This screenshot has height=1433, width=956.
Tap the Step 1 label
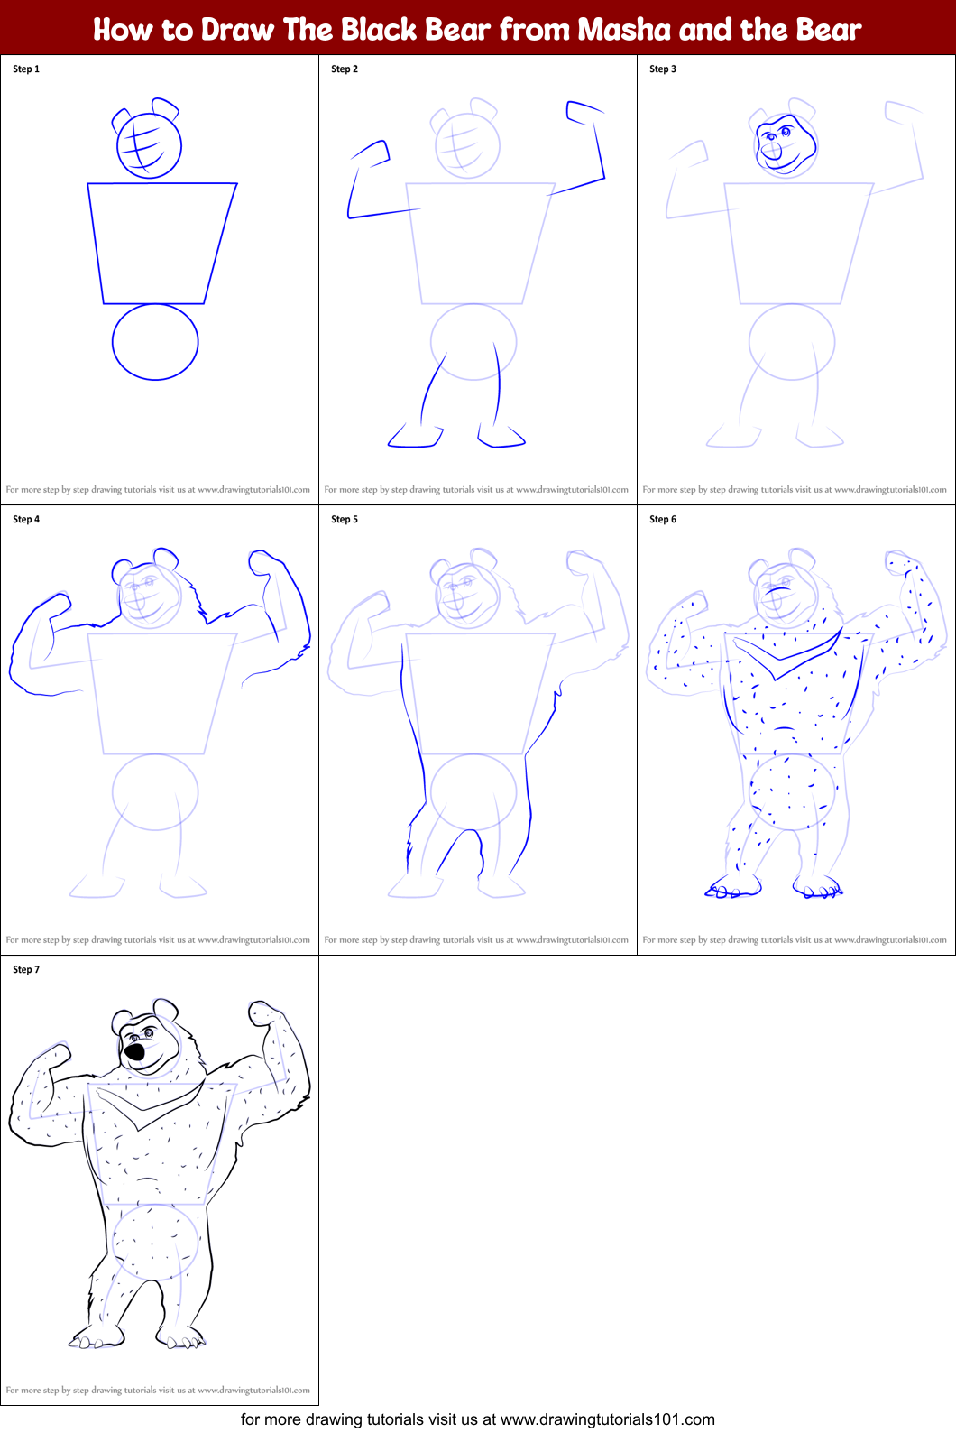click(x=26, y=69)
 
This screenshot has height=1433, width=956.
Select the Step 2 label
click(x=345, y=69)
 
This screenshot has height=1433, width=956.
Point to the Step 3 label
click(x=663, y=69)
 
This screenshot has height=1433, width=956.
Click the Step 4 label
click(x=26, y=519)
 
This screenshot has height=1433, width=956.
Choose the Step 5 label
click(x=345, y=519)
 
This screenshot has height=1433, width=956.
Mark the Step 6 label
click(x=663, y=519)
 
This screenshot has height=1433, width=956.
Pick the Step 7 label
click(x=26, y=969)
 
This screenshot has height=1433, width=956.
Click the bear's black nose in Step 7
click(x=134, y=1051)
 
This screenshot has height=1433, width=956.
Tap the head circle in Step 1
click(x=150, y=144)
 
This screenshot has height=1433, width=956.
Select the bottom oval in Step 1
click(x=155, y=341)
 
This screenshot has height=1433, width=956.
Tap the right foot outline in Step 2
click(x=501, y=439)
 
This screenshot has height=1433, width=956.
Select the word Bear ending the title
click(x=826, y=30)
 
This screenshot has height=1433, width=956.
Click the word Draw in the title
click(x=237, y=30)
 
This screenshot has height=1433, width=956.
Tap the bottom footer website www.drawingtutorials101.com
click(x=607, y=1419)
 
